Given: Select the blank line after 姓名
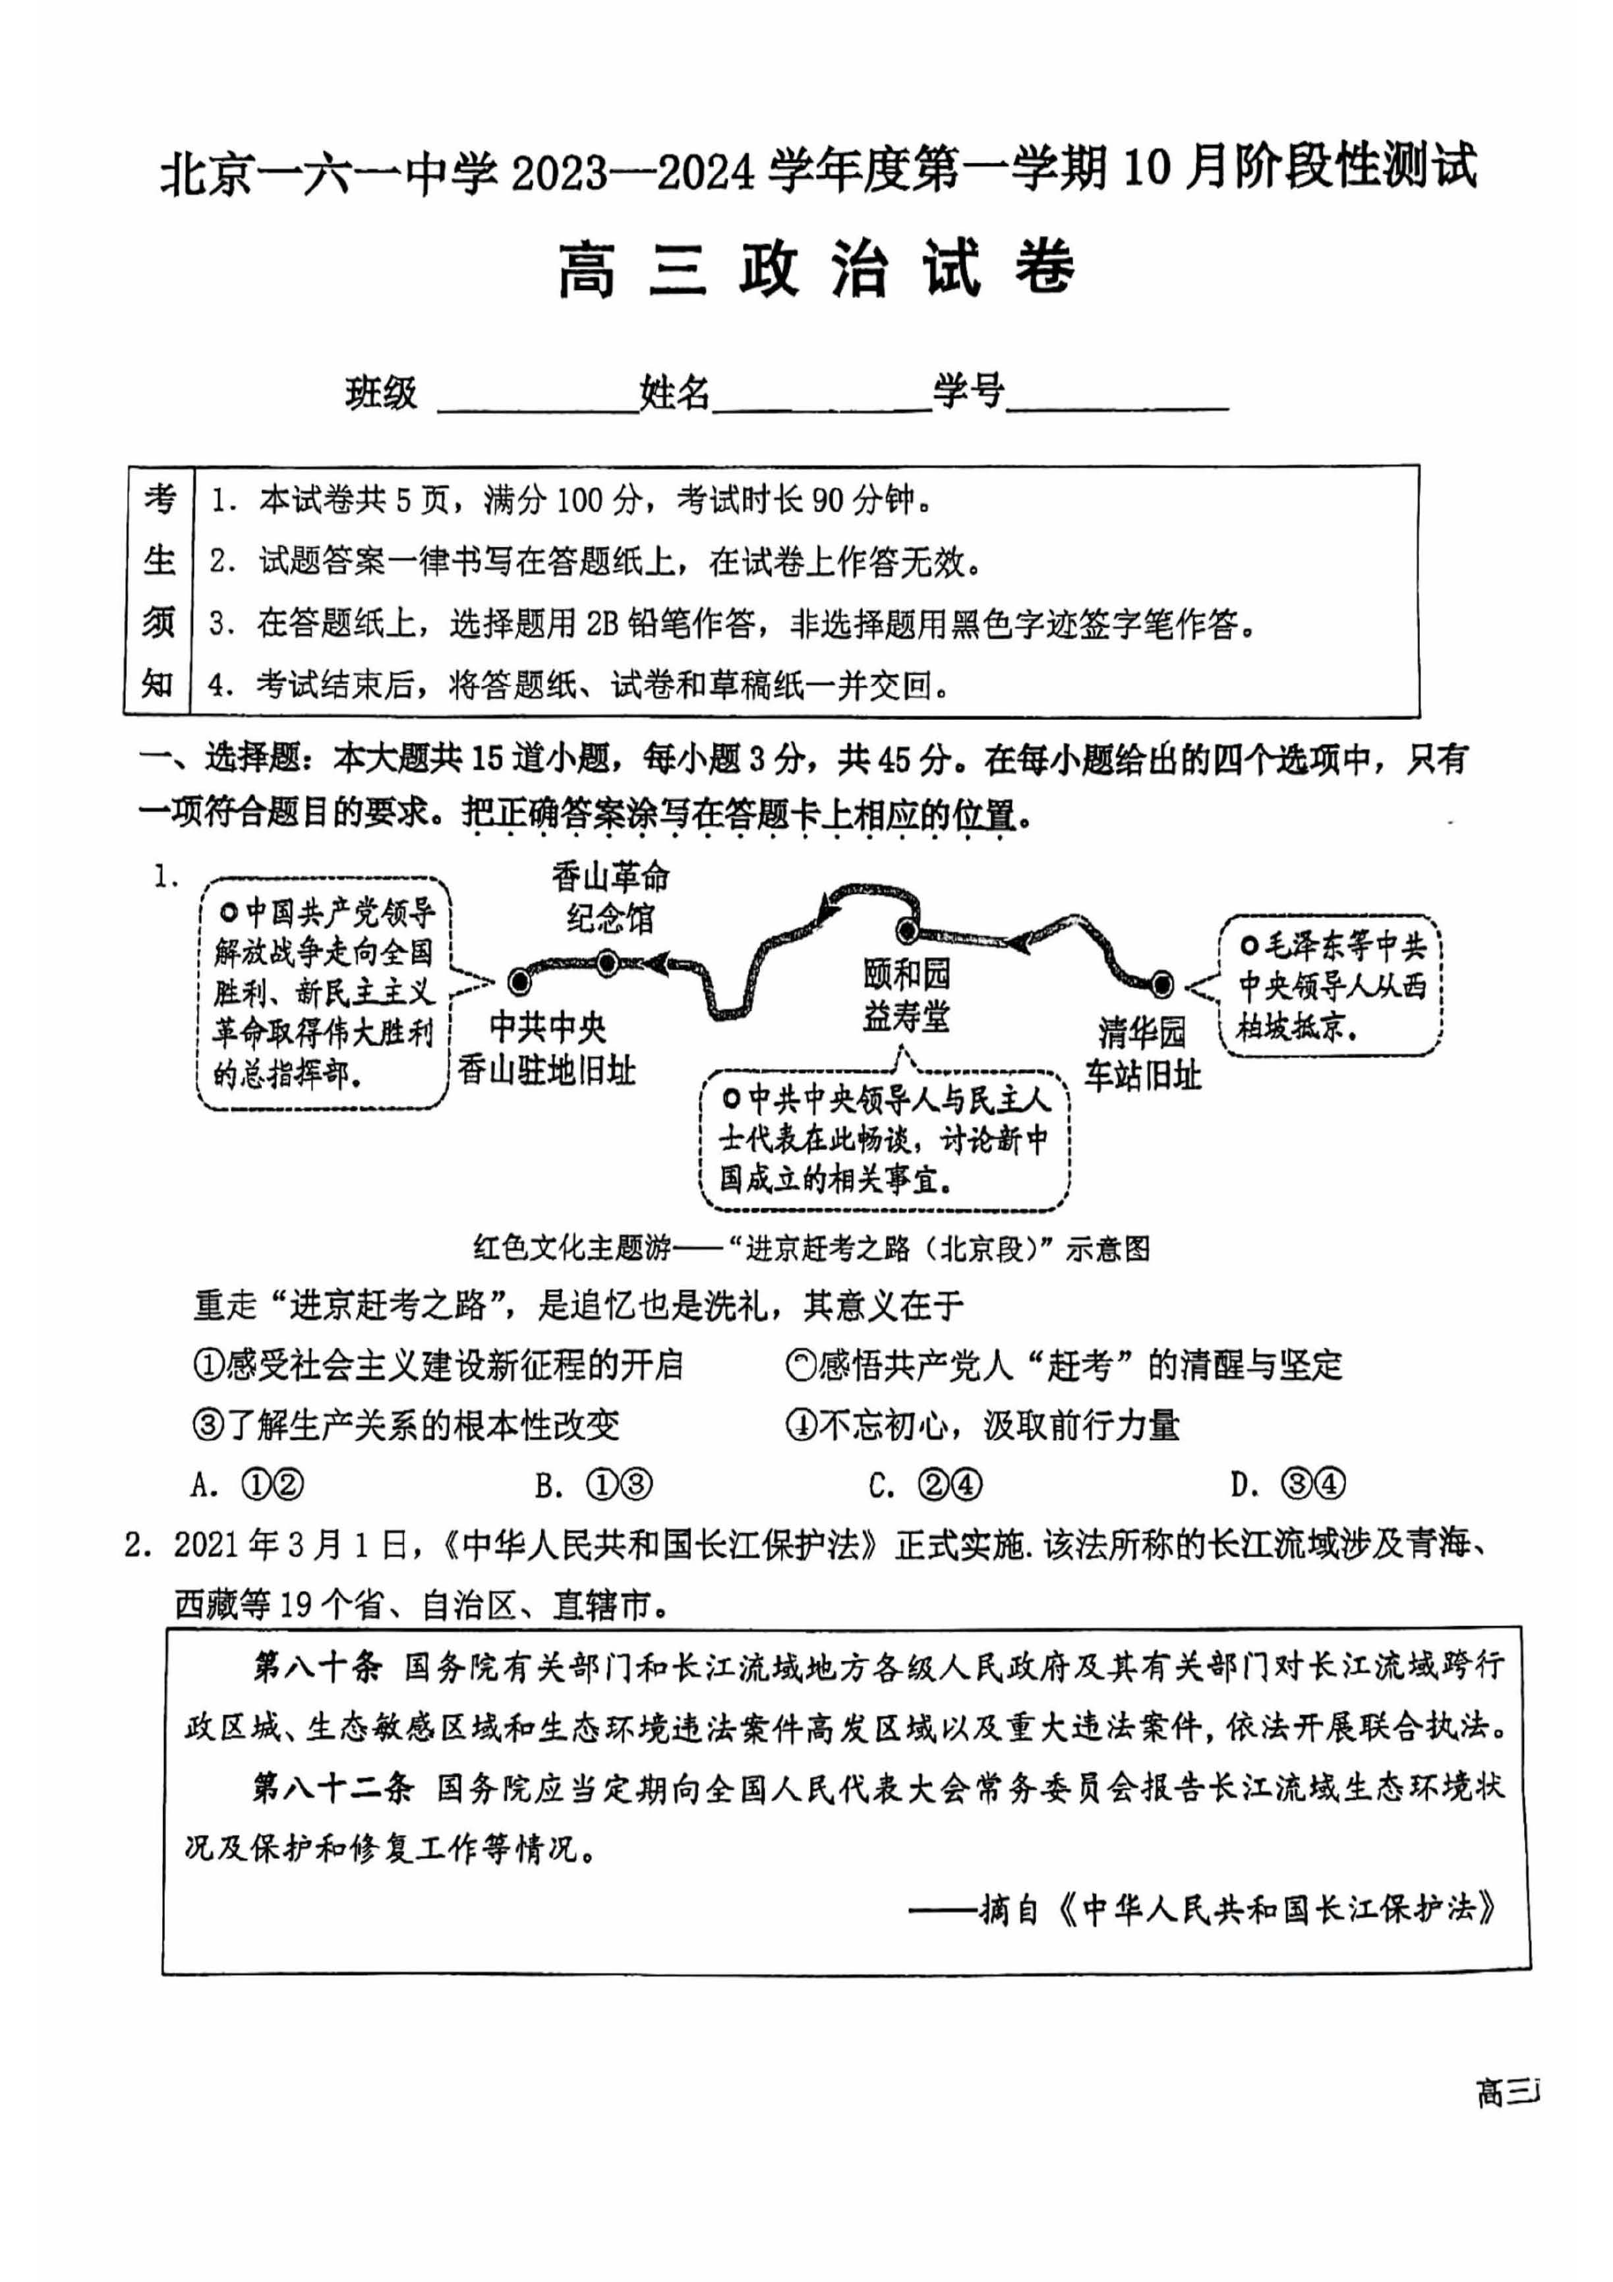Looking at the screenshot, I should point(820,403).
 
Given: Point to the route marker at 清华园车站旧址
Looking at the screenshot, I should point(1161,985).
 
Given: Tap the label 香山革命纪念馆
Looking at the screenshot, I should point(610,898).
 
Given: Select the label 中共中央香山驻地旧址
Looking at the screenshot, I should point(546,1049).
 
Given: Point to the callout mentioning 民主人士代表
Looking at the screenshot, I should point(885,1140).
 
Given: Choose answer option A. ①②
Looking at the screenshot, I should point(247,1485).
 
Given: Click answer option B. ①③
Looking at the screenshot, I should point(593,1485).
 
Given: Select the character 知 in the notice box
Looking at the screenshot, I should point(158,685).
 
